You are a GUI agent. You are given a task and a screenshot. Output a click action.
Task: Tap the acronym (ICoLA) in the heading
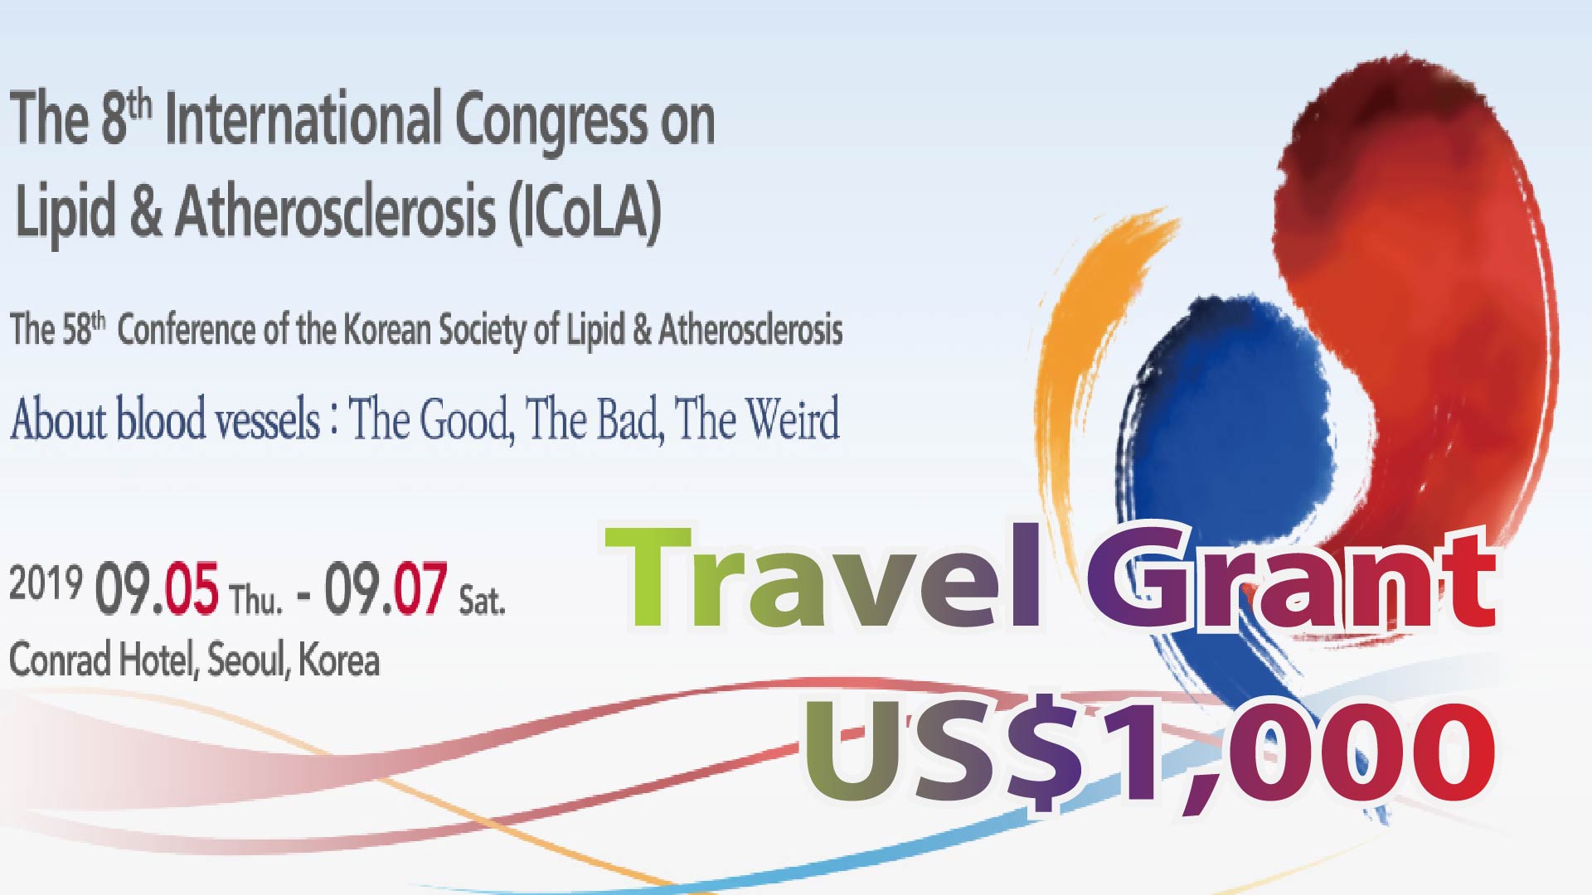point(585,212)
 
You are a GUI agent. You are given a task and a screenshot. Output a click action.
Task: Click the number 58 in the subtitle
point(75,330)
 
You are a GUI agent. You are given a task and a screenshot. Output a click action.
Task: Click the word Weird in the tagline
point(793,419)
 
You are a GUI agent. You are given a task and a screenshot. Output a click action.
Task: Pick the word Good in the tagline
point(466,420)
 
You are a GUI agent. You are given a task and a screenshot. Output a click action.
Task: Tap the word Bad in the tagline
point(629,420)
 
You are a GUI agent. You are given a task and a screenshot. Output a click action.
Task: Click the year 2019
point(46,583)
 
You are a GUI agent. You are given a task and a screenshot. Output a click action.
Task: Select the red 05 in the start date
point(192,588)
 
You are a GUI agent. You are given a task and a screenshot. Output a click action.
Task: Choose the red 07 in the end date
point(420,588)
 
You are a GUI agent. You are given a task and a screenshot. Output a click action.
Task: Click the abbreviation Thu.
point(255,599)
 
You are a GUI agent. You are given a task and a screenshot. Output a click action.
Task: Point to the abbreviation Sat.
point(482,600)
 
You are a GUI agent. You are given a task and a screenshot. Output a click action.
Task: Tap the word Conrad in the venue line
point(60,660)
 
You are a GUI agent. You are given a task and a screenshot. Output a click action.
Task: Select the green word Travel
point(823,577)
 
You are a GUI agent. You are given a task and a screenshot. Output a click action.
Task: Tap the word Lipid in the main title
point(66,212)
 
